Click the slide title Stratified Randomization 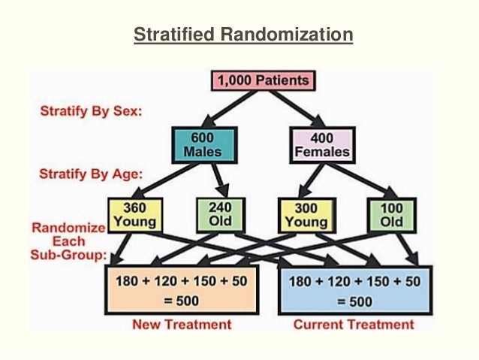(x=243, y=35)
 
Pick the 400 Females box (x=320, y=144)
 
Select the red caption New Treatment (x=185, y=325)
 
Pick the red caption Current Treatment (x=354, y=325)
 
